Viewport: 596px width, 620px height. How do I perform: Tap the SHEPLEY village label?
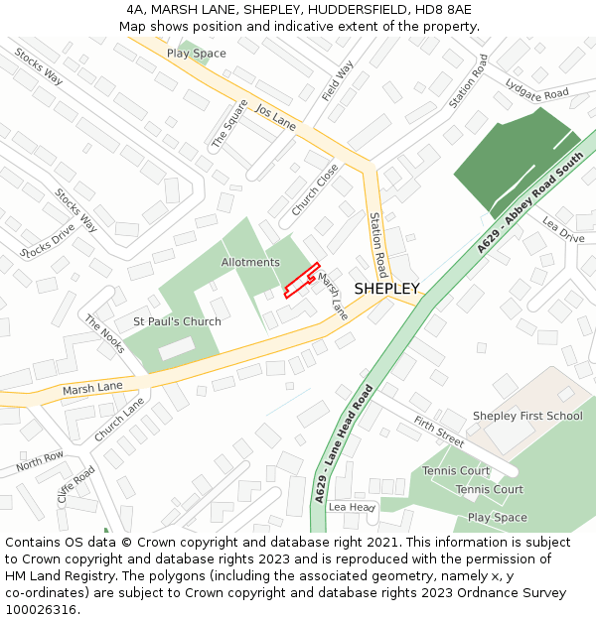(x=386, y=289)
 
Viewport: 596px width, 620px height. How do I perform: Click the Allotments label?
(x=250, y=262)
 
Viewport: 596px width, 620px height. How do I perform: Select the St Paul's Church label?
(x=177, y=322)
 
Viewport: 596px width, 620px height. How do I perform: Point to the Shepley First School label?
(x=527, y=416)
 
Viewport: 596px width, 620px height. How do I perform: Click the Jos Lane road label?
(x=275, y=117)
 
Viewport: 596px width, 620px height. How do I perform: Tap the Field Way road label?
(x=338, y=81)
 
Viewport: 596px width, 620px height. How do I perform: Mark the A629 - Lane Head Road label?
(x=345, y=443)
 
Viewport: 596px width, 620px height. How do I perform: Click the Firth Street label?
(x=439, y=432)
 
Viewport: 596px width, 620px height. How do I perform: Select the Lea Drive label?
(x=563, y=230)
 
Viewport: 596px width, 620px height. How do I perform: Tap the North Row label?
(x=40, y=461)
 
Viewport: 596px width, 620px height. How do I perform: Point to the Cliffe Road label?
(x=76, y=485)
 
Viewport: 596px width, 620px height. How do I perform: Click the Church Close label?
(x=316, y=188)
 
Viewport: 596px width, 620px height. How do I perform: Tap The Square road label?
(x=229, y=124)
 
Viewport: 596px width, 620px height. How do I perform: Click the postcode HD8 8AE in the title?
(x=444, y=10)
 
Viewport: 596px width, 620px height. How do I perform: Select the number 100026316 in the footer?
(x=41, y=609)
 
